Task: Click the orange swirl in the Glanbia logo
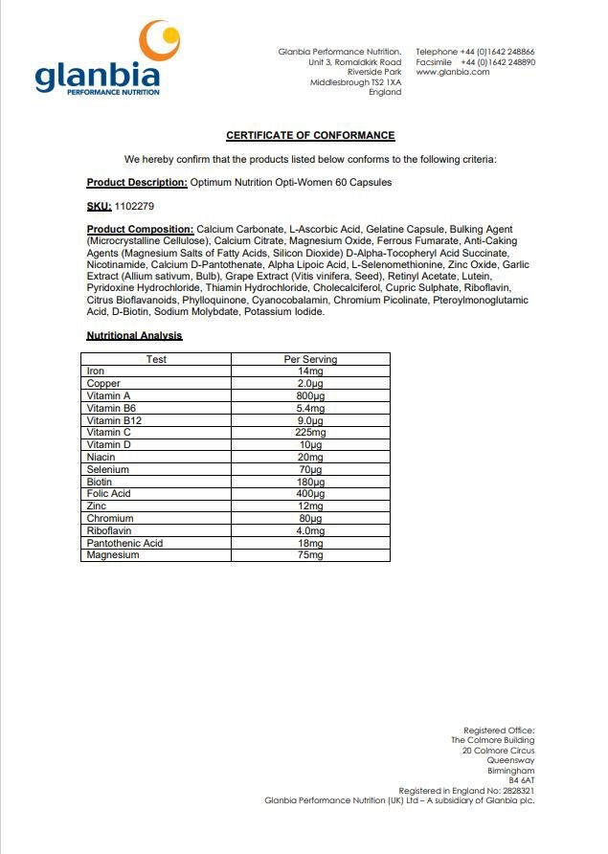point(160,40)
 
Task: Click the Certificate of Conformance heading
point(310,136)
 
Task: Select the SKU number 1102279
point(134,206)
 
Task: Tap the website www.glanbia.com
point(452,72)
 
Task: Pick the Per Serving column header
point(310,359)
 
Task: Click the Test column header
point(156,359)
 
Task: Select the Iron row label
point(96,371)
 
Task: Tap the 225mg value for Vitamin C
point(310,433)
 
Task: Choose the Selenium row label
point(107,469)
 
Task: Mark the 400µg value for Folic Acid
point(310,494)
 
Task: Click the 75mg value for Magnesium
point(310,555)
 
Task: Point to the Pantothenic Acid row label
point(124,543)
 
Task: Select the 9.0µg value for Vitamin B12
point(310,420)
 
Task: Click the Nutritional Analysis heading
point(134,336)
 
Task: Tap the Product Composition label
point(140,230)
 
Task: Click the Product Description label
point(137,182)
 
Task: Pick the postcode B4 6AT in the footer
point(521,780)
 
